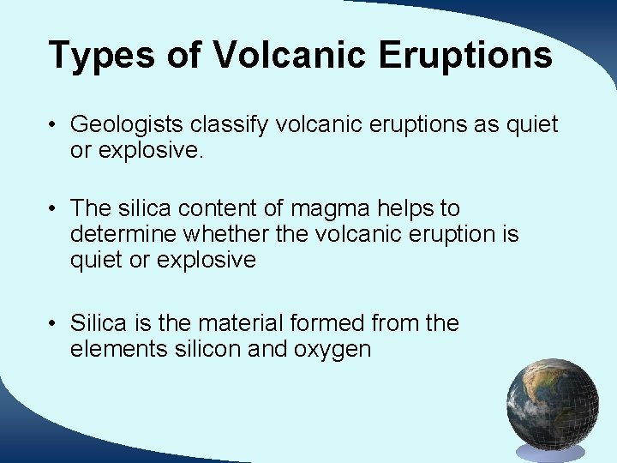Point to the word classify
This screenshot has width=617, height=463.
(x=231, y=125)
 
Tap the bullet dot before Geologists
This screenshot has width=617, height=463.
(x=53, y=125)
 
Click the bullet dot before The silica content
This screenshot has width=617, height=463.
(x=53, y=208)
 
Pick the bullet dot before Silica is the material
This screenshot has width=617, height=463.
(x=53, y=324)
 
